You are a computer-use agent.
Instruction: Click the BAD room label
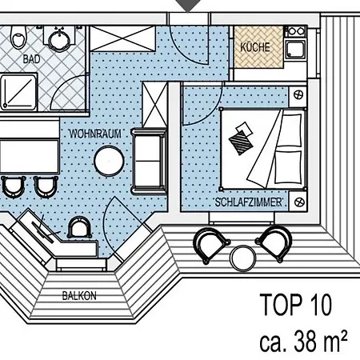click(31, 59)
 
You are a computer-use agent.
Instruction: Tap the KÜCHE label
click(255, 47)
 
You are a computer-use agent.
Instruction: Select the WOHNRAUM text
click(95, 134)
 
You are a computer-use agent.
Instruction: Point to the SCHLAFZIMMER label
click(249, 202)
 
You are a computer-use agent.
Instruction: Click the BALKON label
click(79, 296)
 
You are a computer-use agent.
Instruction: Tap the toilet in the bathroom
click(18, 38)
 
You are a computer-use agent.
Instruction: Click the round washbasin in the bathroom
click(59, 40)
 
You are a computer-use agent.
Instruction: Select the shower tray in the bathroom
click(18, 92)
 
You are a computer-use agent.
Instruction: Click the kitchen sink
click(295, 50)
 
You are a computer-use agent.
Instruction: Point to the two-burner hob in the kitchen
click(296, 31)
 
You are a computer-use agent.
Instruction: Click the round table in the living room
click(109, 161)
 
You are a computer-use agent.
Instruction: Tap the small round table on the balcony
click(242, 258)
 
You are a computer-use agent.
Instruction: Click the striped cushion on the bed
click(241, 142)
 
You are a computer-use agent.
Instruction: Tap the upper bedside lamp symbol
click(298, 94)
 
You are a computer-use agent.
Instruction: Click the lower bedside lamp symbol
click(299, 202)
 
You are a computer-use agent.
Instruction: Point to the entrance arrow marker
click(188, 6)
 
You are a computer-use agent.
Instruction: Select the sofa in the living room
click(149, 161)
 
